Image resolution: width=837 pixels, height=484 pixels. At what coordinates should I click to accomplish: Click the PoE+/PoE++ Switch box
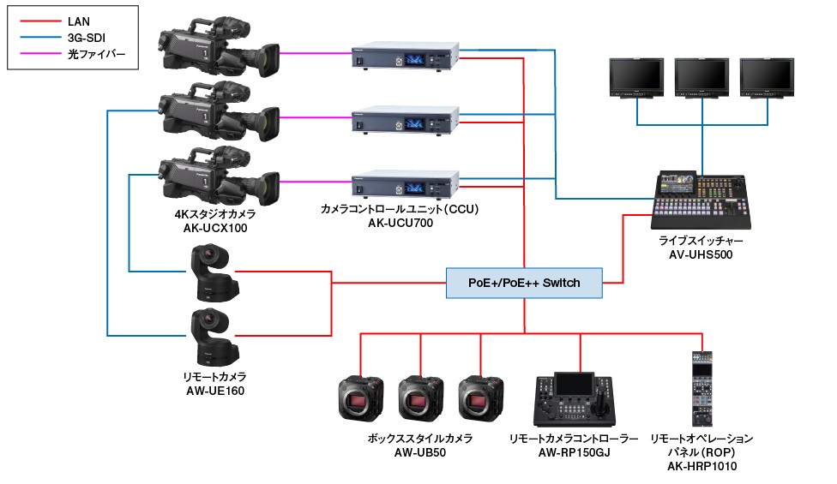tap(524, 283)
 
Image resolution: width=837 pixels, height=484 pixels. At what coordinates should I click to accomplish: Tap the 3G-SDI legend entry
tap(87, 37)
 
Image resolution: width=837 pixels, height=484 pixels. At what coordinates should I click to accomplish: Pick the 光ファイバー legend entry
tap(96, 54)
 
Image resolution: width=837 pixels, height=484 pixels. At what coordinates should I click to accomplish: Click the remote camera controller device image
tap(573, 399)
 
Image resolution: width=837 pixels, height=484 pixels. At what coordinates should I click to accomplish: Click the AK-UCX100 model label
tap(214, 228)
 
